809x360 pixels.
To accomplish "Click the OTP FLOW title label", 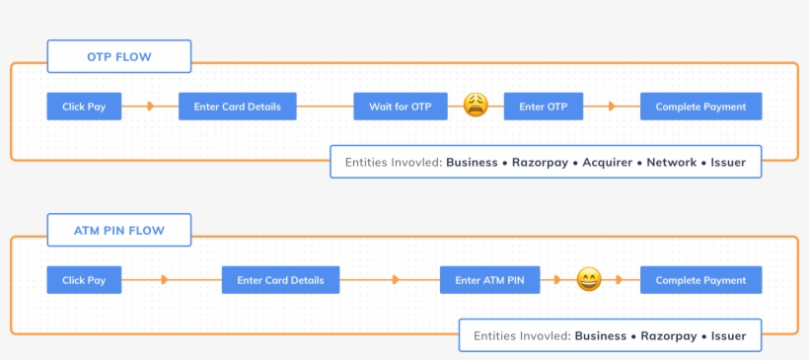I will pos(118,56).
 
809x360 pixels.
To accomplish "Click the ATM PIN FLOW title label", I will pos(118,231).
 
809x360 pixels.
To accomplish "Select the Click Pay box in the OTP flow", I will pos(84,107).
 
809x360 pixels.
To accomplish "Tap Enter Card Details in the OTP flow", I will pos(237,107).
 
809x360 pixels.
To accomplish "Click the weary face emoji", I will pos(476,106).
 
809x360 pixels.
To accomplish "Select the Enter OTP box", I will pos(543,107).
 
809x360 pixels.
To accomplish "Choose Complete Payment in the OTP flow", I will pos(700,107).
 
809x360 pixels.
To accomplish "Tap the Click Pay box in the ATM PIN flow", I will pos(84,280).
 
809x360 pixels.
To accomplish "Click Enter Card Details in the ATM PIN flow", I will pos(280,280).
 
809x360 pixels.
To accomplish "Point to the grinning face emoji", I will pos(588,279).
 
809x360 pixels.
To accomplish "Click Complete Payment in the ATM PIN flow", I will pos(700,280).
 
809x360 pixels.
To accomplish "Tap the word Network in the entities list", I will pos(671,162).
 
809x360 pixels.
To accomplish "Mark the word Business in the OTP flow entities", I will pos(472,162).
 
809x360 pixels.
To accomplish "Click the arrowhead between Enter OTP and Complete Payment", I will pos(612,107).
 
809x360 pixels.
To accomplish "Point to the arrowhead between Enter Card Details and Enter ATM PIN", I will pos(395,280).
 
